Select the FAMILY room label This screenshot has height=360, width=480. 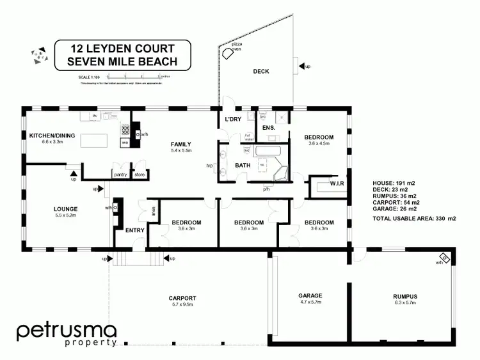tap(180, 144)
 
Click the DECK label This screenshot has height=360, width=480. tap(260, 72)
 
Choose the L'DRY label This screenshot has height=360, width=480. tap(232, 120)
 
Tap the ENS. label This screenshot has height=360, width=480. tap(269, 128)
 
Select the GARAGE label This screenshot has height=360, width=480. tap(310, 295)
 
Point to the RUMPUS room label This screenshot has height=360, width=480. tap(405, 296)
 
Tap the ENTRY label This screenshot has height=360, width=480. tap(134, 230)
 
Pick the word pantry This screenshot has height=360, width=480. tap(120, 174)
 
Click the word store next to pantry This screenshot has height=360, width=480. tap(140, 174)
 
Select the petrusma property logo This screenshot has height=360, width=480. tap(66, 334)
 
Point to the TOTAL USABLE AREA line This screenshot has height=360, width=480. tap(413, 219)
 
